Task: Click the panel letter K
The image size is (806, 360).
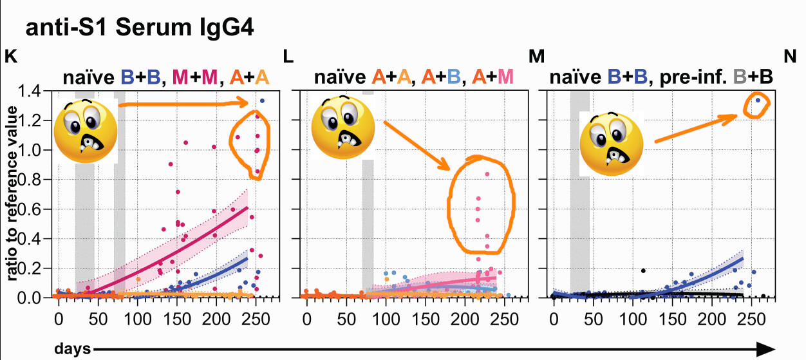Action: [11, 56]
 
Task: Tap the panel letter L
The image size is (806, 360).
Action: [288, 56]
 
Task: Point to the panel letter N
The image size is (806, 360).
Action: [791, 56]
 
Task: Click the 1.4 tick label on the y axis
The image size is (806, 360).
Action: [31, 91]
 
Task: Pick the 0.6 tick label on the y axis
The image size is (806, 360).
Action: [31, 209]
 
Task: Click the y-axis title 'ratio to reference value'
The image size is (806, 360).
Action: [12, 193]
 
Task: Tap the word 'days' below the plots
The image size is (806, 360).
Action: [72, 348]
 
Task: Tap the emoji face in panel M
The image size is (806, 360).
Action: [612, 143]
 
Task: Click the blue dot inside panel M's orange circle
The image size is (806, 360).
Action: [758, 100]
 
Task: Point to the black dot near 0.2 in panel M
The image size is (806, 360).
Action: [642, 270]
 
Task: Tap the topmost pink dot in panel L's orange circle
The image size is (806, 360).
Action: [487, 174]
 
